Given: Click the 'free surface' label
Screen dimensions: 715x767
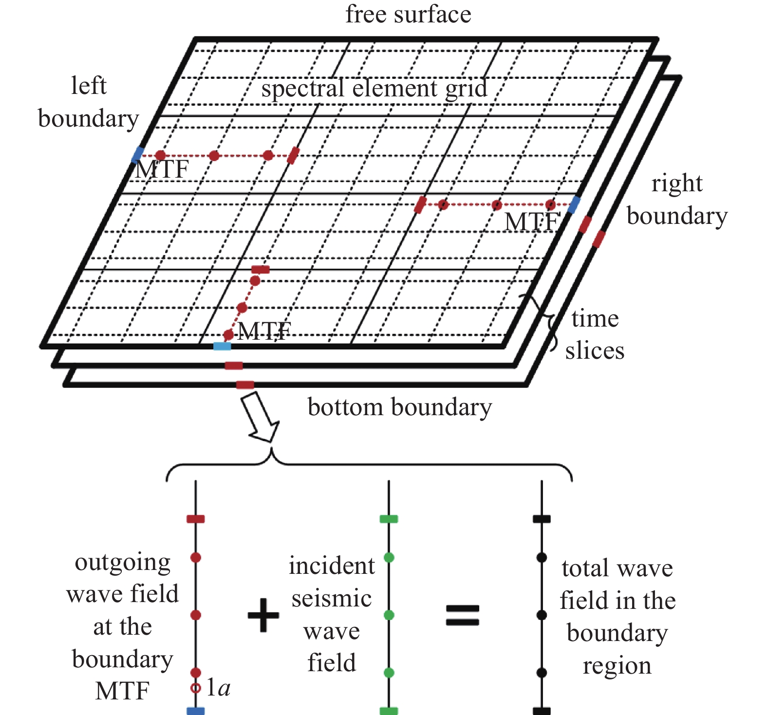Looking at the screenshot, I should (408, 15).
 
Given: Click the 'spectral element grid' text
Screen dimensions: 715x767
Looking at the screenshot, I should (374, 89).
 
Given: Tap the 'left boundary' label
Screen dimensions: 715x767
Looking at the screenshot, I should (88, 102).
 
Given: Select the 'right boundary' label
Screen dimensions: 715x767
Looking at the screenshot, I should (676, 200).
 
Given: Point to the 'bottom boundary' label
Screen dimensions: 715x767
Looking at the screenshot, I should (399, 407).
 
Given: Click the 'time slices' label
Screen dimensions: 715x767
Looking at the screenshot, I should (595, 334).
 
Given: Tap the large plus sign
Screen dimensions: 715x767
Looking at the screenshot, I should (263, 615).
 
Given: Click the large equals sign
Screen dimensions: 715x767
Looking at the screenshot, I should (462, 615).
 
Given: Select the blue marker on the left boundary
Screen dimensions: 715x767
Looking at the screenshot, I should (138, 154).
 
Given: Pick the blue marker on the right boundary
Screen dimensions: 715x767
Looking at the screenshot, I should (574, 205).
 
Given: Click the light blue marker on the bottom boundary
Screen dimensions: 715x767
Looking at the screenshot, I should (222, 346).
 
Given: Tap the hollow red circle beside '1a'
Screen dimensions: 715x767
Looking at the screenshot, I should (196, 688).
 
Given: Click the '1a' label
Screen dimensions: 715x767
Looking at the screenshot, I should (218, 688).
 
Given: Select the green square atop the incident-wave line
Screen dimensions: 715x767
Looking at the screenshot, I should (389, 519).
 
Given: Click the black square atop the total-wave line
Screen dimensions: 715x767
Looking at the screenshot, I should (542, 519).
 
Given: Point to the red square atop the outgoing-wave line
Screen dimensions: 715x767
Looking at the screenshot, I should (196, 519).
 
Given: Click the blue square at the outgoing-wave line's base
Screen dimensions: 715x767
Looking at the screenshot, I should (196, 711).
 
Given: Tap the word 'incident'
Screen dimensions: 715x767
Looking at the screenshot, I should (332, 566).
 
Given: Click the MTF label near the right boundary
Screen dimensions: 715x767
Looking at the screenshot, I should (532, 222).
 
